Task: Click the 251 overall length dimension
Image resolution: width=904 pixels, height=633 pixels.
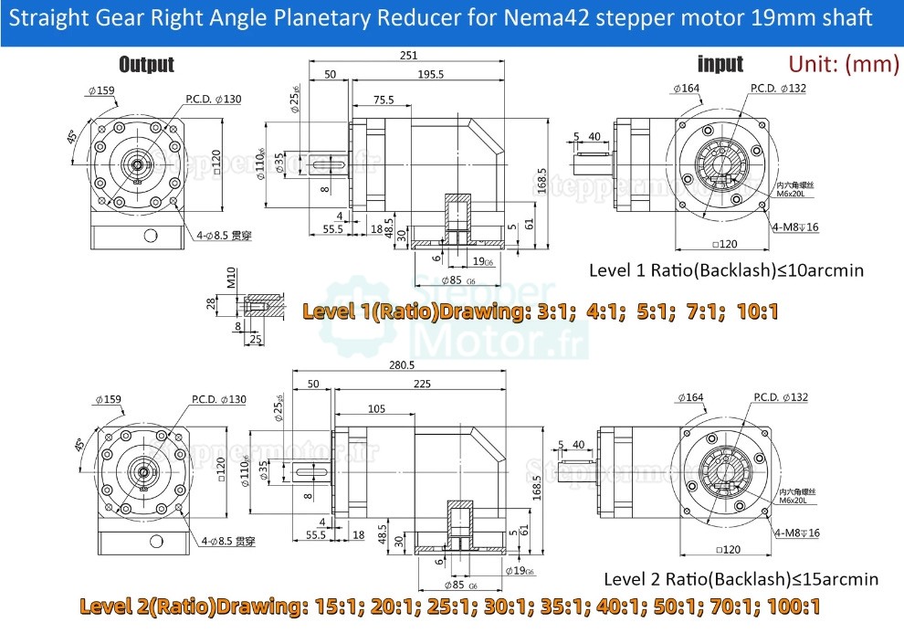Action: click(408, 56)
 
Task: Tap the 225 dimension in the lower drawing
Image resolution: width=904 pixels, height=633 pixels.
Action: click(421, 385)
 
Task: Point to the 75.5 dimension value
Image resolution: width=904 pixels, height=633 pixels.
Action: click(384, 100)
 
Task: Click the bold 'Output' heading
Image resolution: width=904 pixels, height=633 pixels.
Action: click(146, 64)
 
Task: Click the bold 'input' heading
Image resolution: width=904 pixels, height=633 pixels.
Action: click(720, 64)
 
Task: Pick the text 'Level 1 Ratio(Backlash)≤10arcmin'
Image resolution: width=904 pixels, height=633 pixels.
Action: click(726, 270)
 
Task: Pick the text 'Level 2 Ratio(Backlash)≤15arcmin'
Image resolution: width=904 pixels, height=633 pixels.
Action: click(741, 579)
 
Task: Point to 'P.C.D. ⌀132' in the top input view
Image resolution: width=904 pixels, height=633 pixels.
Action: click(778, 89)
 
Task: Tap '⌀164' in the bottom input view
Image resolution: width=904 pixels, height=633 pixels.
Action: click(691, 397)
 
